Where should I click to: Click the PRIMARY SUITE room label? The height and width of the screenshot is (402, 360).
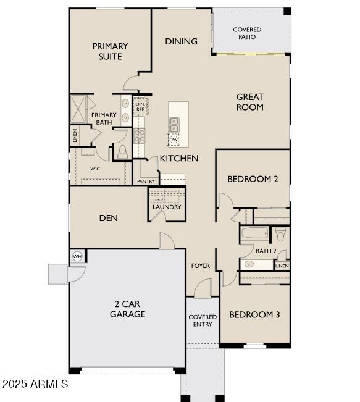coord(110,51)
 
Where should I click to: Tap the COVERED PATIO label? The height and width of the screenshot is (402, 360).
coord(247,33)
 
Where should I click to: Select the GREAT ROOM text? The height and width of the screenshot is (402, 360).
coord(249,102)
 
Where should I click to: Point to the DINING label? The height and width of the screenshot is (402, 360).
coord(181,41)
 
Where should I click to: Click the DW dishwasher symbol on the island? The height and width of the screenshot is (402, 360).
coord(174,139)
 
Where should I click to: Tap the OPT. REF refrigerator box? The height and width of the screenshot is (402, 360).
coord(140,107)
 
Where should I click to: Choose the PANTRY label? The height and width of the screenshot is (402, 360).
coord(146,182)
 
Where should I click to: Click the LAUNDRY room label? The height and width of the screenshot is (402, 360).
coord(167,207)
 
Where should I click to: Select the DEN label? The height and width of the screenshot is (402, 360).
coord(108,218)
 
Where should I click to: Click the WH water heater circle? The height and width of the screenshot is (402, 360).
coord(78,256)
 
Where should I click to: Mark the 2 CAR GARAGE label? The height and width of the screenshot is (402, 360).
coord(128,309)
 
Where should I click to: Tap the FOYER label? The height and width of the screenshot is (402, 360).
coord(200,266)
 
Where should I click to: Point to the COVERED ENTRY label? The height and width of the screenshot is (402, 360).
coord(203,320)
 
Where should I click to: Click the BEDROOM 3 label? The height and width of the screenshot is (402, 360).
coord(254,314)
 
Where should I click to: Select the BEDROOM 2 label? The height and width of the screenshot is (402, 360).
coord(253,179)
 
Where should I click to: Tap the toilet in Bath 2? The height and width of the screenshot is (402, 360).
coord(280,234)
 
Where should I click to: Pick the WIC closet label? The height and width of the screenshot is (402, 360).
coord(95,168)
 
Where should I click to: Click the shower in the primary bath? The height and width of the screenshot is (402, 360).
coord(80,109)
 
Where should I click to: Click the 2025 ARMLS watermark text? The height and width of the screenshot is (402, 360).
coord(35,384)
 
